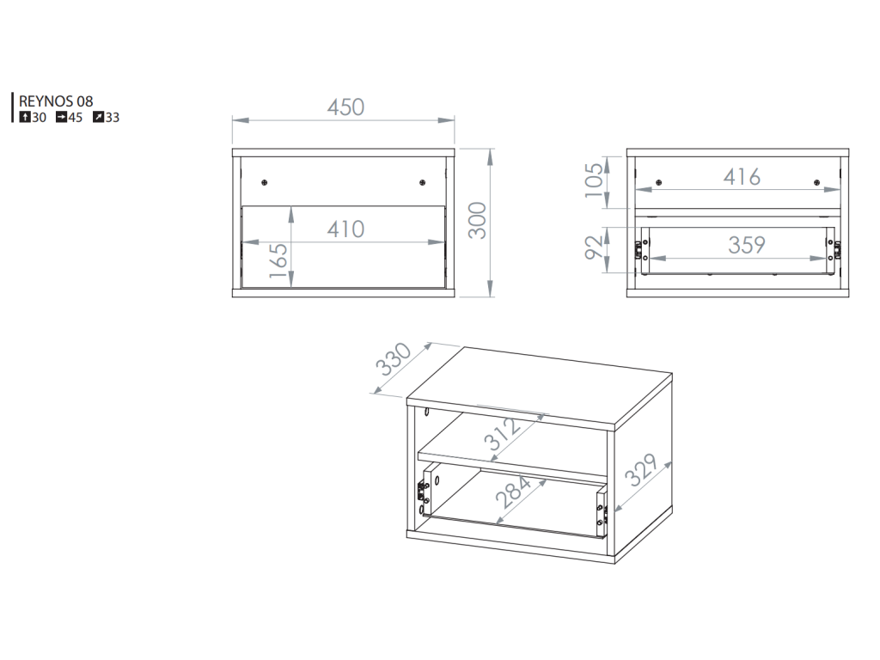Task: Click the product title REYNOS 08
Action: (x=56, y=101)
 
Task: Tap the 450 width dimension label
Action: (x=345, y=107)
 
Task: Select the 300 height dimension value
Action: (x=478, y=220)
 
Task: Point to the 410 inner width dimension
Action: (x=345, y=229)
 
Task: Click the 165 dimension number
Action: (x=278, y=260)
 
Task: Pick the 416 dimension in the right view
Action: (x=742, y=177)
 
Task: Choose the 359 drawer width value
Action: (x=747, y=245)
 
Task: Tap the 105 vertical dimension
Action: (x=594, y=180)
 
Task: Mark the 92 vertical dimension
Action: (x=594, y=247)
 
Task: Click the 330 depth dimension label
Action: (x=394, y=359)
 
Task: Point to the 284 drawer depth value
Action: (x=513, y=492)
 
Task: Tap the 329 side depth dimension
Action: (x=641, y=470)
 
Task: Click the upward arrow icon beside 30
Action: (x=25, y=117)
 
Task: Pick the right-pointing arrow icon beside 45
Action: (x=61, y=117)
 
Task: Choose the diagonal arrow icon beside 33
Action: (x=98, y=117)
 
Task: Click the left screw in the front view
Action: (x=265, y=182)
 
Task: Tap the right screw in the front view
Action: (x=423, y=182)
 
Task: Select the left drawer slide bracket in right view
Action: (x=639, y=250)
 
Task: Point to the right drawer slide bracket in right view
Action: (x=837, y=250)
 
